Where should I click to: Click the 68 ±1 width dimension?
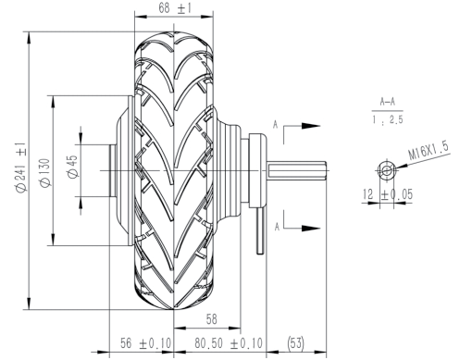point(175,8)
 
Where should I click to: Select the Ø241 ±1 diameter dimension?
point(21,168)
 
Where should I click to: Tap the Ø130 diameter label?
point(45,172)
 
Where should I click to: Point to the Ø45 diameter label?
point(73,167)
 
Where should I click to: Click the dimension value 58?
point(212,319)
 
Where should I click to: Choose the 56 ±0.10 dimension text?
point(145,343)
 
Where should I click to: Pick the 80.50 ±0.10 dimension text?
point(229,343)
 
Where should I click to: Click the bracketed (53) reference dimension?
point(295,343)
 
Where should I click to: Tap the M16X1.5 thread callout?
point(429,150)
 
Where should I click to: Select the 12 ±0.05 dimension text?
point(388,194)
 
